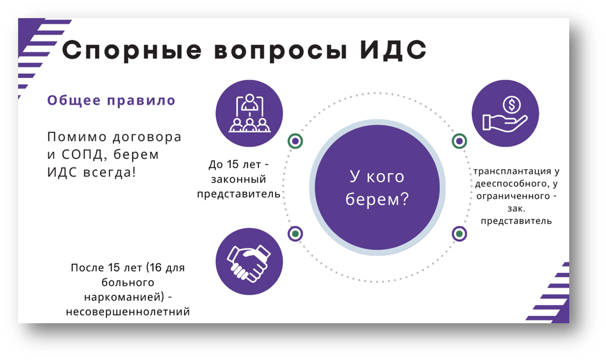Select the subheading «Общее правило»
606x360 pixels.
(x=111, y=101)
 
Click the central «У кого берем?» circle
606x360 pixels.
(x=377, y=187)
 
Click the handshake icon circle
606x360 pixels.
(x=250, y=262)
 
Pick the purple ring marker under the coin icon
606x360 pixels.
(x=459, y=141)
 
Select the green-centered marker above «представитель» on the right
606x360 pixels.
(x=459, y=233)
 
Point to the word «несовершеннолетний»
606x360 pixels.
(x=127, y=311)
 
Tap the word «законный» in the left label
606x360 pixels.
(x=238, y=179)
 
